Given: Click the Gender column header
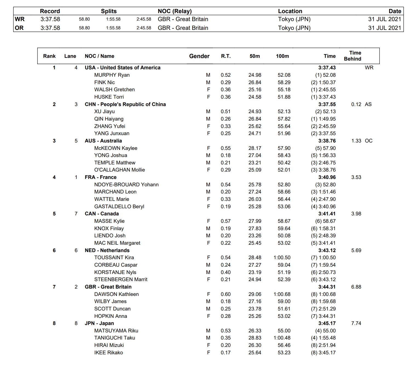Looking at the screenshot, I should (x=199, y=56).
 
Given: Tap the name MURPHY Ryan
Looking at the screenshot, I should (x=112, y=75).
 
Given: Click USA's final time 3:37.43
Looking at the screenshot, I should (x=327, y=68).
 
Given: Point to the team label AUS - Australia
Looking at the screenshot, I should (x=103, y=141).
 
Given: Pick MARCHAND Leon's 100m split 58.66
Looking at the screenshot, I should (x=284, y=192).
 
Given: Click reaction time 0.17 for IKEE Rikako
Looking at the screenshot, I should (x=225, y=353).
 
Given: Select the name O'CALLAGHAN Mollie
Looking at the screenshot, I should (x=119, y=170).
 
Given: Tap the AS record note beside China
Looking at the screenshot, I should (x=368, y=104).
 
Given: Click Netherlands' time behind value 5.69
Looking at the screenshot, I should (x=356, y=250).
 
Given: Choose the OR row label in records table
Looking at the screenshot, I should (x=19, y=28).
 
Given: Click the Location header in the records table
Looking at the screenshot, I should (x=290, y=11).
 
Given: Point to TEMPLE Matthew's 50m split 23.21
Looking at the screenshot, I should (x=255, y=163).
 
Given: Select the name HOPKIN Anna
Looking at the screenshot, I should (x=111, y=316).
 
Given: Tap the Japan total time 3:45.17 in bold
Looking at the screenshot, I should (x=327, y=323).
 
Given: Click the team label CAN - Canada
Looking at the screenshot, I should (x=102, y=214).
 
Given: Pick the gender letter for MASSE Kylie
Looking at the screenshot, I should (x=209, y=221).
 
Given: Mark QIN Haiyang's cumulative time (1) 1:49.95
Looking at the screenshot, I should (x=323, y=119).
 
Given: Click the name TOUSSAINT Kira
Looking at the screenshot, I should (x=114, y=258).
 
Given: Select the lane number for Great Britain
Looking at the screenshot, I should (x=76, y=287).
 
